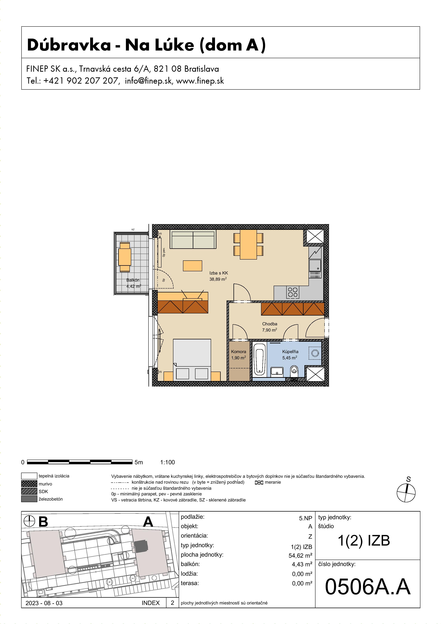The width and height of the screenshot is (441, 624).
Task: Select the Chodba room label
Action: point(270,324)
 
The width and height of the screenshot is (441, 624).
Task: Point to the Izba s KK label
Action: point(219,273)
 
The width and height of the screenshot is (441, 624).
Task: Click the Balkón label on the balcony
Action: point(133,280)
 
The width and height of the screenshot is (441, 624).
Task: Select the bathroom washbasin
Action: point(277,371)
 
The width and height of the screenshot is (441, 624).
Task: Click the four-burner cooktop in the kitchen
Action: point(293,292)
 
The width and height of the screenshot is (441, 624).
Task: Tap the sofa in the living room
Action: point(193,239)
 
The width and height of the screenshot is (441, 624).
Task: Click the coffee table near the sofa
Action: point(192,266)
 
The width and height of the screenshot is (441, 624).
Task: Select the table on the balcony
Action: point(125,257)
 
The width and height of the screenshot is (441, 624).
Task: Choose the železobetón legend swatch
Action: point(29,499)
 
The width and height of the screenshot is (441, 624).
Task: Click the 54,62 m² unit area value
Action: point(300,556)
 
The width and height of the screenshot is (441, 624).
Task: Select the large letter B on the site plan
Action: point(43,522)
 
